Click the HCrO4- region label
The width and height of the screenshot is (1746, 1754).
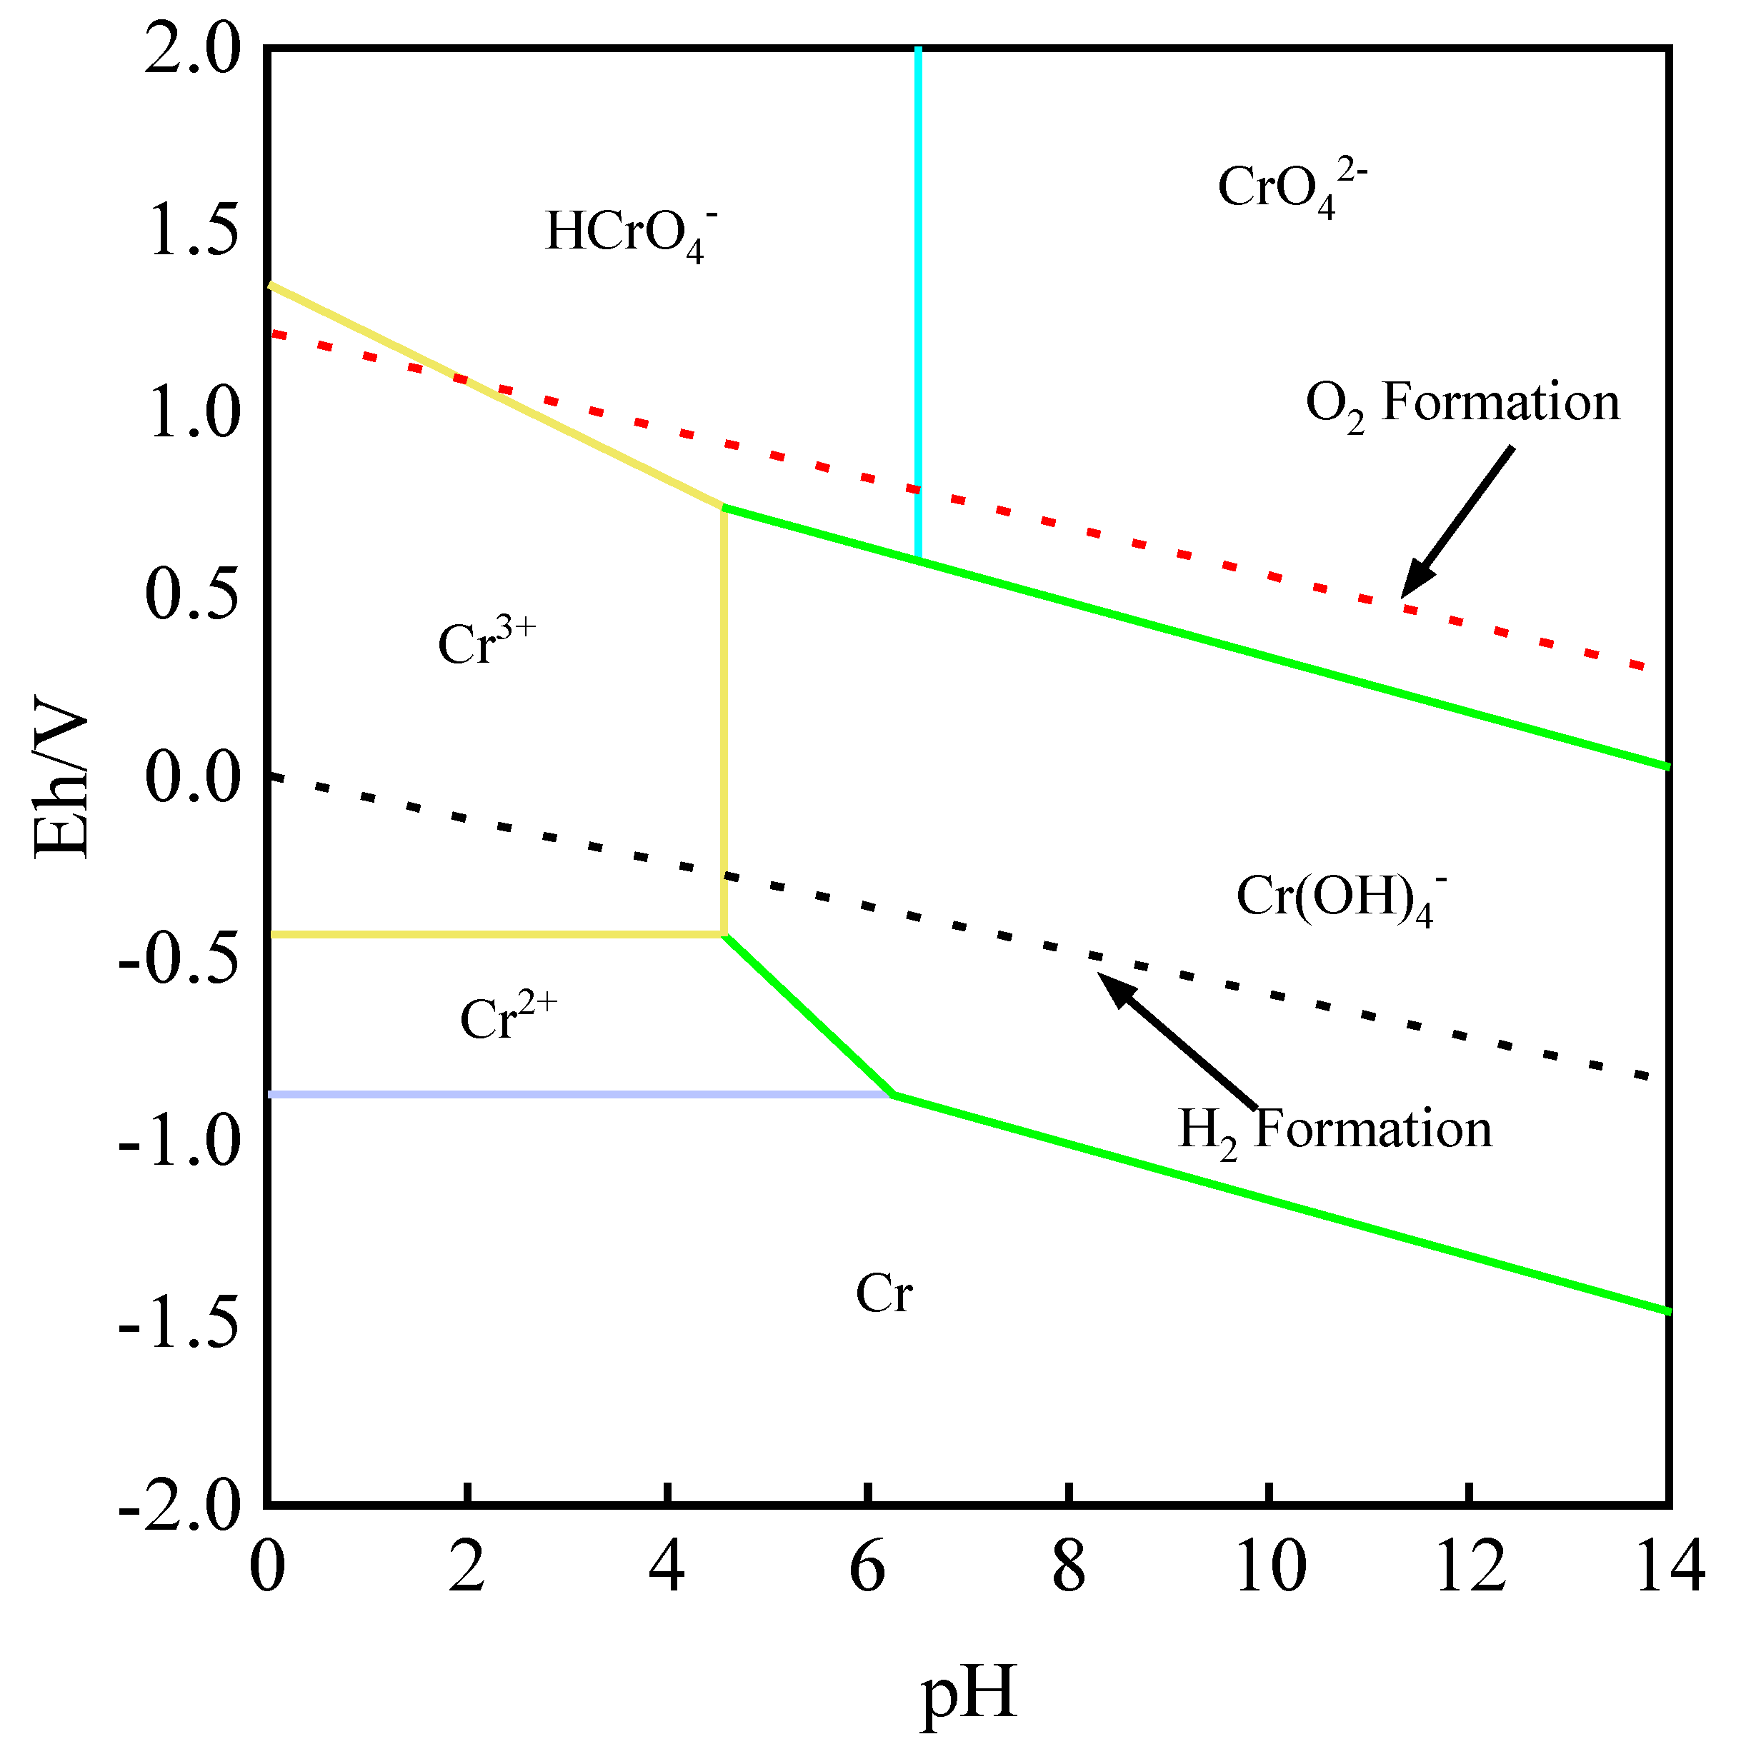point(631,234)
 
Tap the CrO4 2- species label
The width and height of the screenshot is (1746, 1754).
point(1289,189)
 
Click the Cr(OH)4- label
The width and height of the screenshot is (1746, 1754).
point(1340,897)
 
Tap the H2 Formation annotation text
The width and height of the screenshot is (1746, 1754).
point(1335,1131)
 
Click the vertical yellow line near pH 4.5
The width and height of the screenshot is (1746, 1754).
point(724,726)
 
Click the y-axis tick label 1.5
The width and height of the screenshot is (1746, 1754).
point(192,231)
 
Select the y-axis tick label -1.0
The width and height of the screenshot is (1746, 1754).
point(180,1141)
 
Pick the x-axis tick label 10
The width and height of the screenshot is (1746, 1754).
point(1269,1567)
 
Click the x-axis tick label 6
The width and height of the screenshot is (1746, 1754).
point(867,1567)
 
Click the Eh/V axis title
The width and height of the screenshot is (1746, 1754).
point(61,776)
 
